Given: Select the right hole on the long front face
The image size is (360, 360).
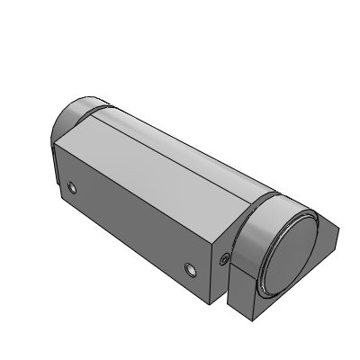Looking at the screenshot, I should point(189,269).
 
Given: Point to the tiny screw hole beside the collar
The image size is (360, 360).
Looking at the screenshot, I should point(223,260).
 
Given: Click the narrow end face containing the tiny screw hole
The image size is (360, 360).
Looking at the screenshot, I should point(221,270).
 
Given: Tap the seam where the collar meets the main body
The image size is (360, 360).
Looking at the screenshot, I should point(241,225).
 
